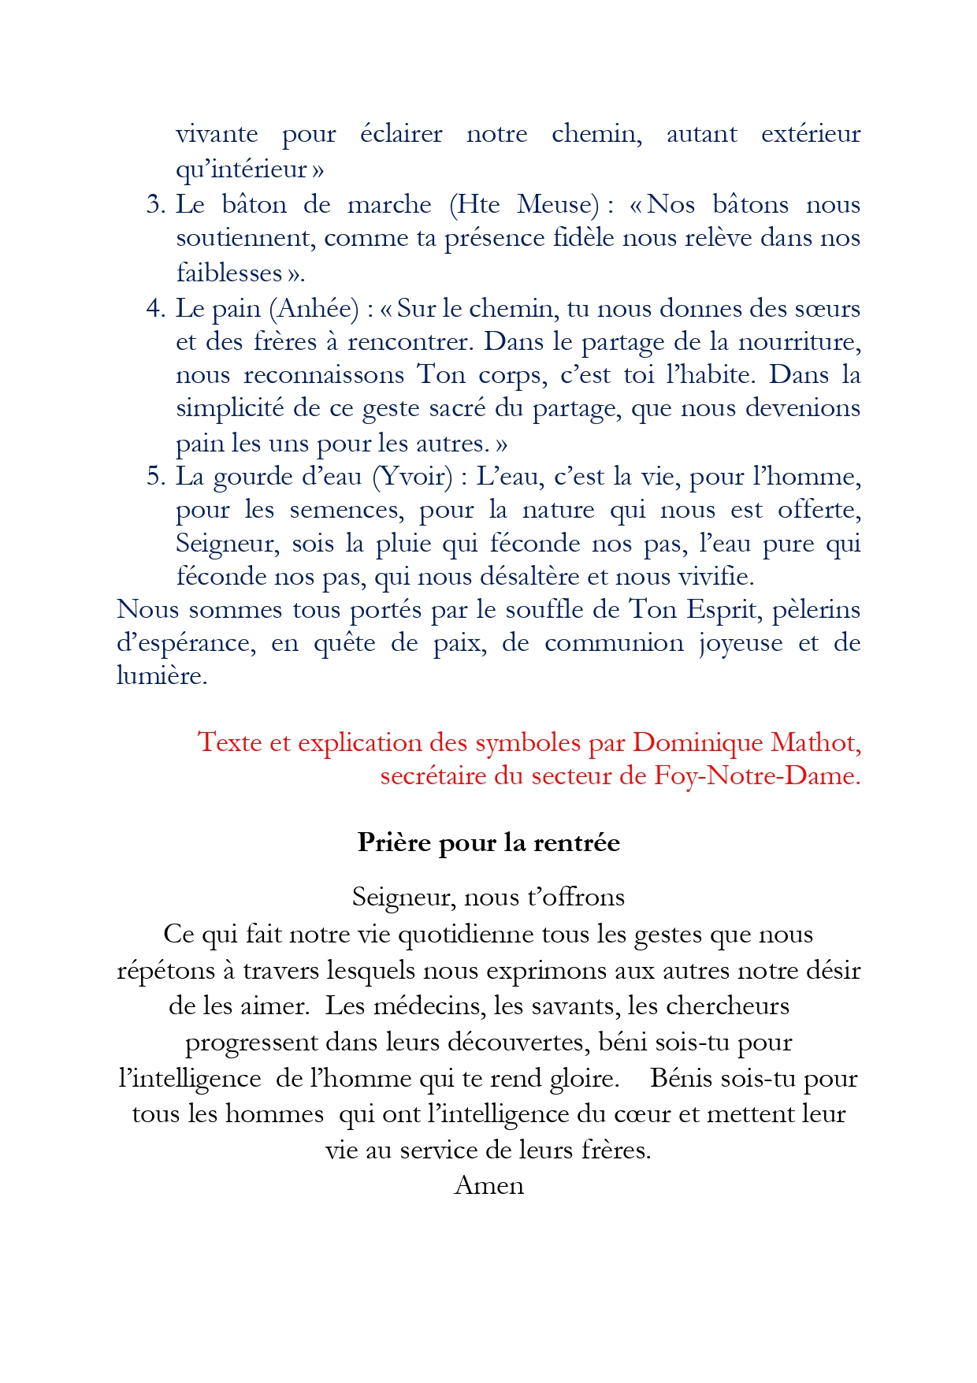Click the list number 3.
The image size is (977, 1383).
[154, 205]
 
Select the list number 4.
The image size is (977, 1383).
[154, 308]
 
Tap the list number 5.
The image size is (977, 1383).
[154, 477]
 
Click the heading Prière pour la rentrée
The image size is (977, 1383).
[489, 842]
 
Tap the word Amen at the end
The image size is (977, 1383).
[489, 1185]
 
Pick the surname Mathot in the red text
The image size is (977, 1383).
[815, 742]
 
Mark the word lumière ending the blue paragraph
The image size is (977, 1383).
[162, 676]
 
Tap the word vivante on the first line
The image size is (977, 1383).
[217, 134]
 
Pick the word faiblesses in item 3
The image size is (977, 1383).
[228, 273]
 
